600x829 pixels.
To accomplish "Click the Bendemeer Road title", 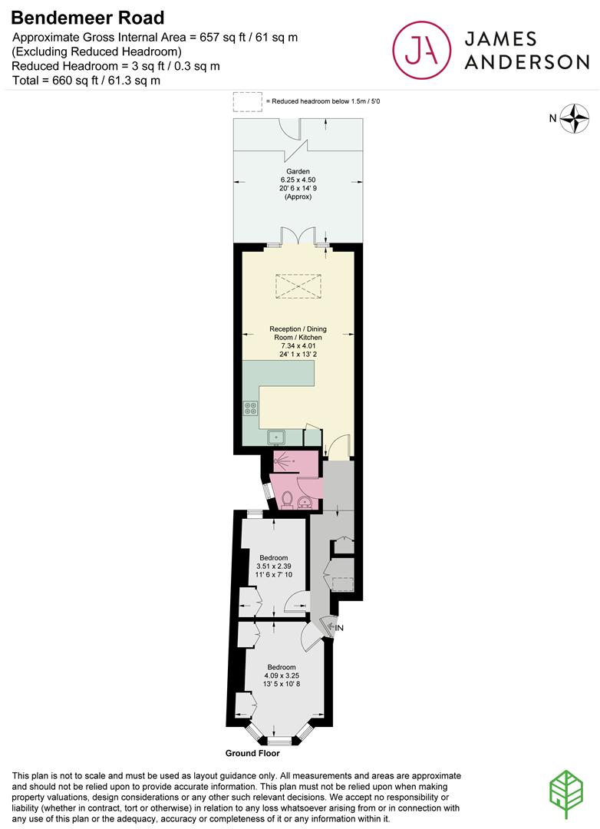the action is (87, 18).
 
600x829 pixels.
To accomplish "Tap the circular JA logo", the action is (421, 50).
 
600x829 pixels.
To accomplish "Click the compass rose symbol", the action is (574, 118).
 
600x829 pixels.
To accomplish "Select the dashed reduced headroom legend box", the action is (247, 101).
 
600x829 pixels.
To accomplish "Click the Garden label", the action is (298, 171).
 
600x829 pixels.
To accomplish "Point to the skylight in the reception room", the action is (298, 286).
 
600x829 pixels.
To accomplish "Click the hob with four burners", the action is (251, 408).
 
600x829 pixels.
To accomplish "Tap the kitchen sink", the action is (276, 438).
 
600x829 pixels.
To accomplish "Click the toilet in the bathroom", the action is (288, 499).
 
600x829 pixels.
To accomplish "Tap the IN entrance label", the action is (339, 628).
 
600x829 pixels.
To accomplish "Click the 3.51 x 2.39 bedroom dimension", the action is (273, 566).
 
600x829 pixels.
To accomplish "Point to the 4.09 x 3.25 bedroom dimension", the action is (282, 675).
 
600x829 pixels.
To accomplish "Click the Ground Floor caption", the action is (252, 753).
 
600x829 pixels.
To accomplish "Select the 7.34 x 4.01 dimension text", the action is (298, 345).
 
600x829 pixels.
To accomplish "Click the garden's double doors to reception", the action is (298, 236).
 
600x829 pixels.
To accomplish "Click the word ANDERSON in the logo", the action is (526, 62).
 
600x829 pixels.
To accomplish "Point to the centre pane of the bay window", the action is (279, 741).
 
